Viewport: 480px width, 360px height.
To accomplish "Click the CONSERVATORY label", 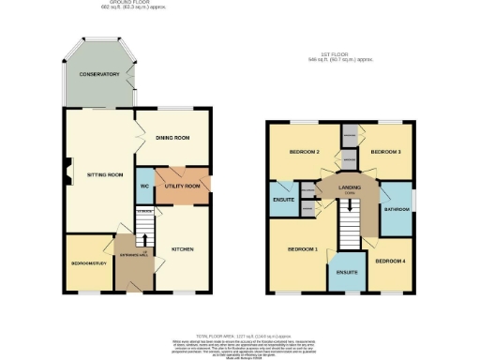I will click(98, 74).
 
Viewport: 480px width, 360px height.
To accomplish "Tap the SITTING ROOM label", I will click(105, 175).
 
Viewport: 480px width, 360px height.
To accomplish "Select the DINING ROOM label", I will click(172, 138).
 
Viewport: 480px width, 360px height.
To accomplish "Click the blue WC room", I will click(144, 187).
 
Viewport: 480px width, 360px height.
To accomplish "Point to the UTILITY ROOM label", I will click(183, 187).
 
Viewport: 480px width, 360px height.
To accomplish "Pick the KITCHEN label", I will click(182, 249).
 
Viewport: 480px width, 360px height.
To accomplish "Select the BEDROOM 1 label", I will click(302, 249).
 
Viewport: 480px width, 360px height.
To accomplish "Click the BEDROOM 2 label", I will click(305, 152).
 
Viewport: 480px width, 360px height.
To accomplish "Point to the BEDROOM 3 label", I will click(384, 152).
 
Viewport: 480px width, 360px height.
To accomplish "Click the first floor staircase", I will click(349, 225).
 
